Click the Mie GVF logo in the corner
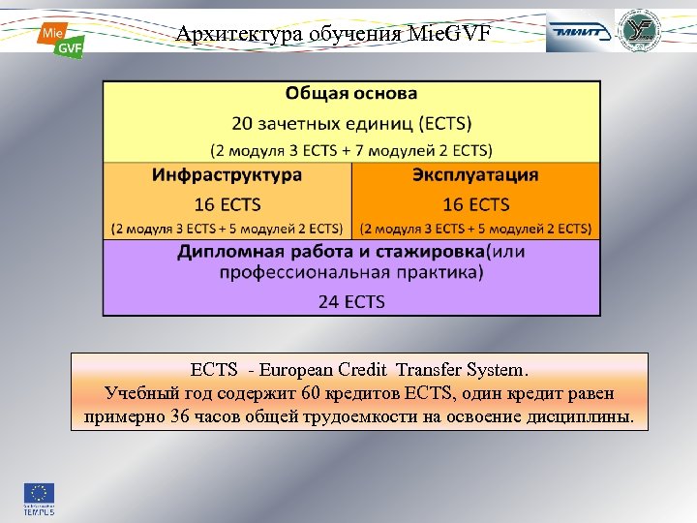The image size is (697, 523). (x=60, y=39)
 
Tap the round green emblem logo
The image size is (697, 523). (x=643, y=32)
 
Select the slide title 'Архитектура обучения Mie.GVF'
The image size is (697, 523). (x=333, y=35)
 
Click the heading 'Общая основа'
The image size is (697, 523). (x=351, y=94)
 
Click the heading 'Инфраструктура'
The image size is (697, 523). (x=227, y=175)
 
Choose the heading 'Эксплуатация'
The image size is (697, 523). (x=475, y=175)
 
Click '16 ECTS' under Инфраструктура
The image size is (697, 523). (x=227, y=204)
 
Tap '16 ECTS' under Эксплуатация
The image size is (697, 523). (x=475, y=204)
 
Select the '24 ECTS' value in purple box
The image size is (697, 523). (x=351, y=301)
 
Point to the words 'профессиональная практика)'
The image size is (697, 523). (x=351, y=272)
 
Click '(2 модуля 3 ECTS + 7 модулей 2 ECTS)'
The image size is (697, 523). (x=351, y=150)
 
